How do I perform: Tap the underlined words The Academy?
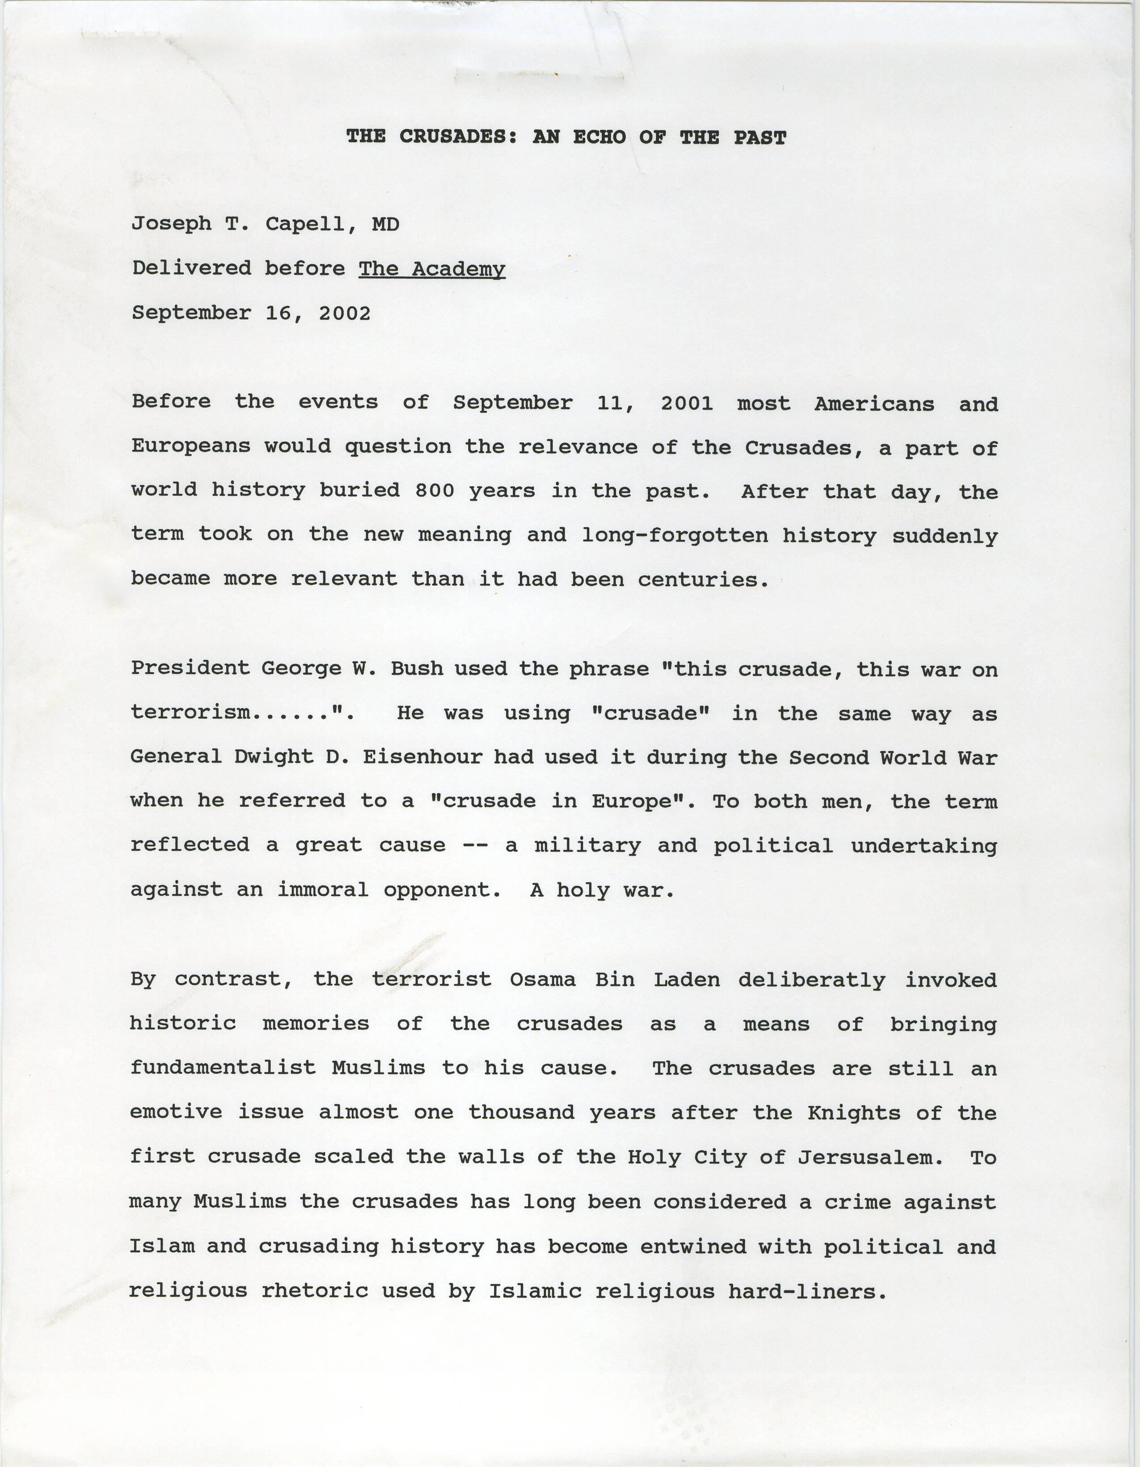[432, 269]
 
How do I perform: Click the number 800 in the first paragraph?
[435, 491]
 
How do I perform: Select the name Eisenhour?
[422, 757]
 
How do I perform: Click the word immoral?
[323, 890]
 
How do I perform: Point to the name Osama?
[542, 979]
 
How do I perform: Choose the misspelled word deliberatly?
[812, 980]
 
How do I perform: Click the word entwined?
[692, 1247]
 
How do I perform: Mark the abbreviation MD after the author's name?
[385, 224]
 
